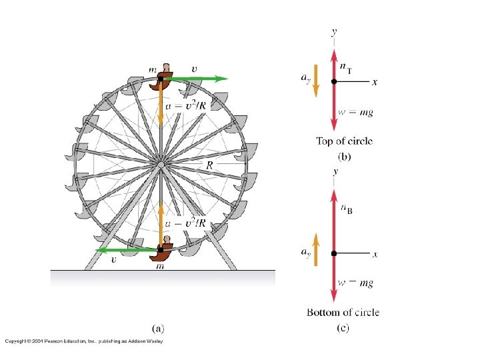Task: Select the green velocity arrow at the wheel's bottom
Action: point(127,250)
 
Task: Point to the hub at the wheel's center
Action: point(161,165)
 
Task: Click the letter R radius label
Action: point(209,165)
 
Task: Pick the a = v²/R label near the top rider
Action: point(185,105)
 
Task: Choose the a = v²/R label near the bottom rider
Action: point(185,223)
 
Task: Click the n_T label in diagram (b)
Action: point(346,68)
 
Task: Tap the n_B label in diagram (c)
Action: point(347,209)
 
